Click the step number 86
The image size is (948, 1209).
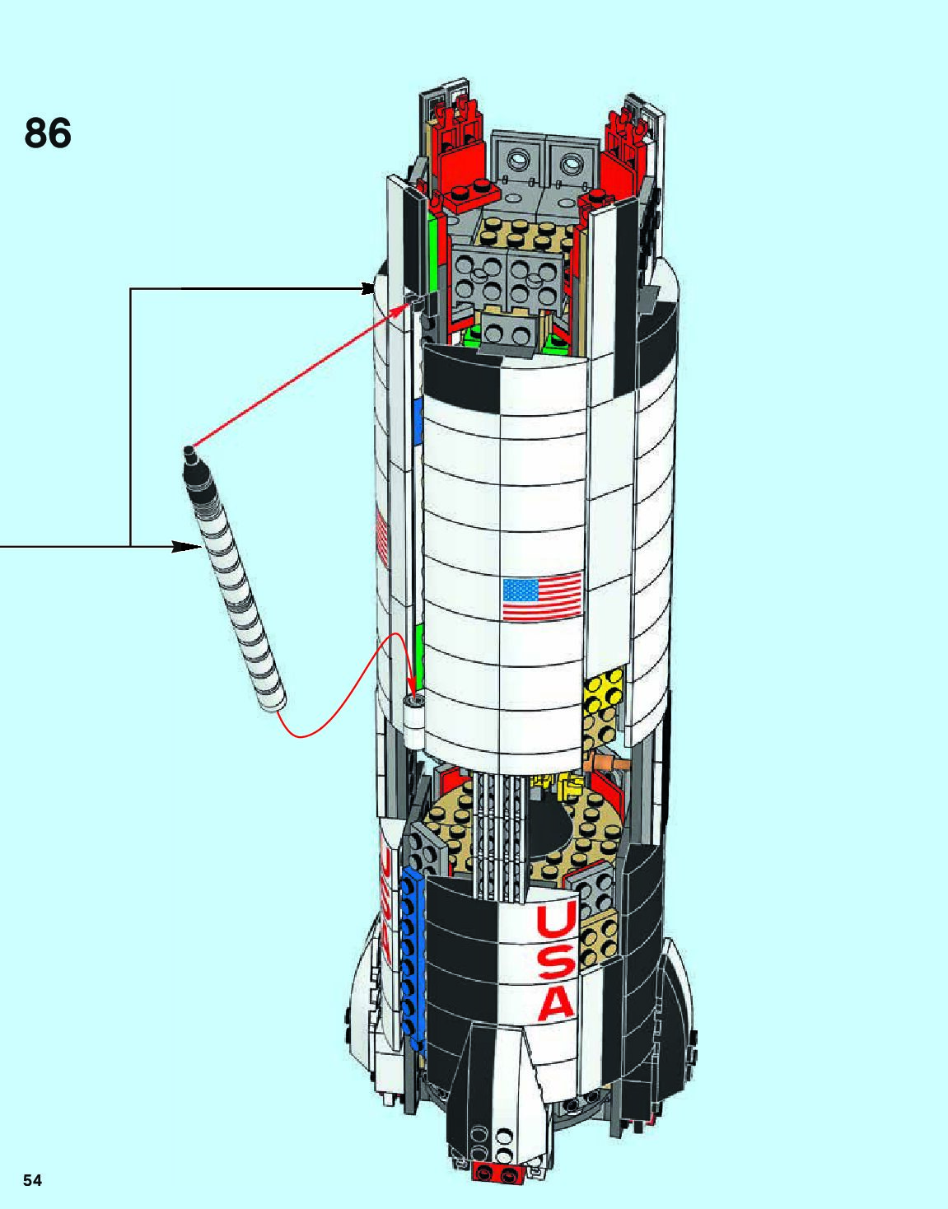click(48, 133)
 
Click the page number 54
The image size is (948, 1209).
click(32, 1180)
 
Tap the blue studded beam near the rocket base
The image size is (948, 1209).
click(409, 955)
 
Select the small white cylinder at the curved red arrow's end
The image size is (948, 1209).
click(413, 714)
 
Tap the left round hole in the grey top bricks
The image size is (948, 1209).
click(518, 159)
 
